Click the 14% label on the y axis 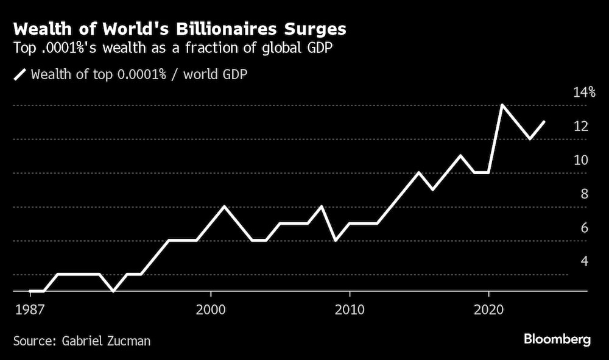pyautogui.click(x=583, y=93)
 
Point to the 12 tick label pyautogui.click(x=580, y=126)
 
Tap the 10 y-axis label pyautogui.click(x=580, y=160)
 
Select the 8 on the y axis pyautogui.click(x=583, y=194)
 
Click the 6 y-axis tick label pyautogui.click(x=583, y=227)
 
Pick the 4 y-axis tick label pyautogui.click(x=583, y=261)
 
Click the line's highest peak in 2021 pyautogui.click(x=502, y=105)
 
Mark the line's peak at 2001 pyautogui.click(x=224, y=206)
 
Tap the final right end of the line pyautogui.click(x=544, y=122)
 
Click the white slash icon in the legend pyautogui.click(x=19, y=74)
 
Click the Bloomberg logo pyautogui.click(x=557, y=340)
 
